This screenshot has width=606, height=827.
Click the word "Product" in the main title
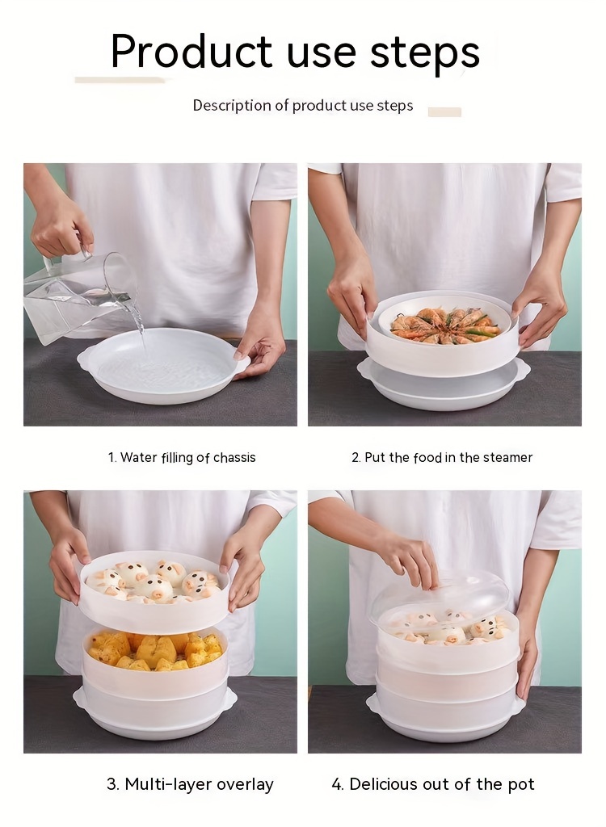[x=191, y=52]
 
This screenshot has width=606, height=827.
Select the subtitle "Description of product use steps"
[x=302, y=106]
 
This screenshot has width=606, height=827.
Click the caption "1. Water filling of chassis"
[x=182, y=458]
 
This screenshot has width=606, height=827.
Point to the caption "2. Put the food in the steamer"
[x=442, y=458]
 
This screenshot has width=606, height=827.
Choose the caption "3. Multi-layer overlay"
[x=190, y=784]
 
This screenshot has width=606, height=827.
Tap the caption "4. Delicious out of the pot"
[x=433, y=784]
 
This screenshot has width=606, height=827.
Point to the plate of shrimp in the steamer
[x=445, y=324]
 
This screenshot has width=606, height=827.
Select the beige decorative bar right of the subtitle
[x=444, y=112]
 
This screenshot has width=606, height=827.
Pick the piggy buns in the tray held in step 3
[x=154, y=581]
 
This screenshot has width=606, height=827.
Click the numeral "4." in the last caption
[x=338, y=784]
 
